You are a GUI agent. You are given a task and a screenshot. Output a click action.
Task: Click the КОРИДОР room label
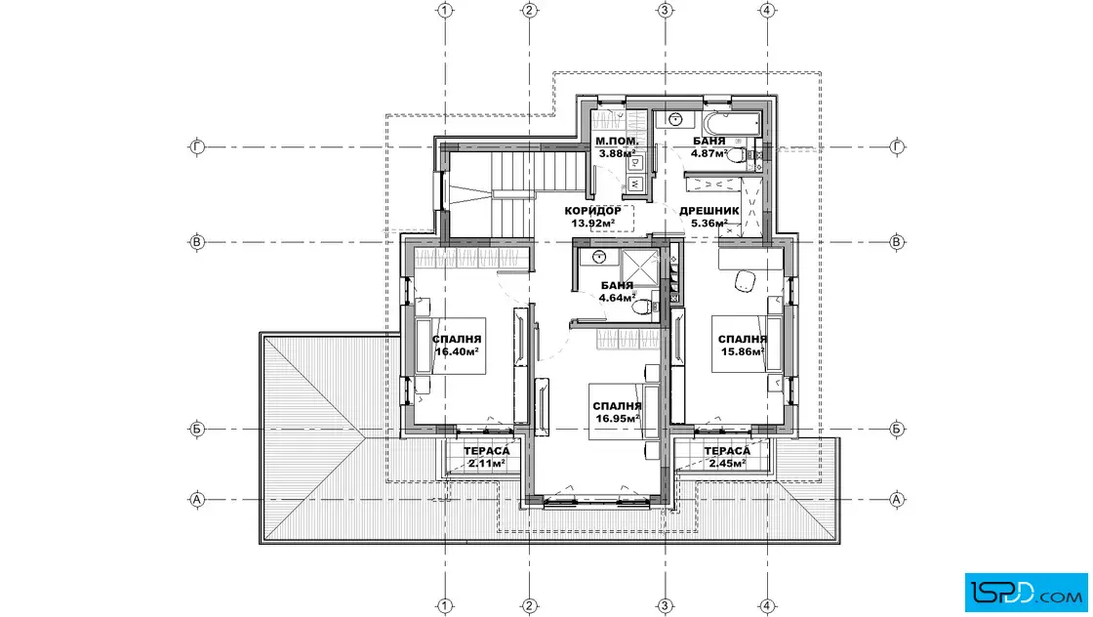click(592, 211)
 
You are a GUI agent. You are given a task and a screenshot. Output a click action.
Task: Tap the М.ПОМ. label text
click(616, 142)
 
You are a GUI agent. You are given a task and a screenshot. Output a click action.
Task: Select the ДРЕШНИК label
click(708, 211)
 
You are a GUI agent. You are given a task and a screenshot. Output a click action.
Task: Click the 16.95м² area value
click(618, 418)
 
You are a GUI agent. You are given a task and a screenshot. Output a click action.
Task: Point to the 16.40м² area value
click(457, 351)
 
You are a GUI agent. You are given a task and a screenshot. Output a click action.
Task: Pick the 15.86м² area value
click(743, 351)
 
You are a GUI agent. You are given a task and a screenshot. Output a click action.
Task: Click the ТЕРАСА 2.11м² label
click(487, 457)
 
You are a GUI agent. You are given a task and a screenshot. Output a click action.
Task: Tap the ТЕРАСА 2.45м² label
click(727, 457)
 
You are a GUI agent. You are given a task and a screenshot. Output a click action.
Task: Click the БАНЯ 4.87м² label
click(708, 147)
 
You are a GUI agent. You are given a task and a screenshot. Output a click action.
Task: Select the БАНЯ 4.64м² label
click(617, 292)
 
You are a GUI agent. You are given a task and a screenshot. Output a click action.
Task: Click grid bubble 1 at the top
click(445, 11)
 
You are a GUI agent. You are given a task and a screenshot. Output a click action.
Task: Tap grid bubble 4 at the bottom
click(767, 605)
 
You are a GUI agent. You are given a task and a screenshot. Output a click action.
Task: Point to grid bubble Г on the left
click(197, 147)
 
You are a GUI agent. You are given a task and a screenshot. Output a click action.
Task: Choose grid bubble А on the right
click(897, 499)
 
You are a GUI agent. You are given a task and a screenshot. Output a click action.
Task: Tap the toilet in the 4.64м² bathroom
click(645, 307)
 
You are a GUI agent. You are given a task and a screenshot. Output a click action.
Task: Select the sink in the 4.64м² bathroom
click(598, 258)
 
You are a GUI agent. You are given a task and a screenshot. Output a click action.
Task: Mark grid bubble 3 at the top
click(665, 11)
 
